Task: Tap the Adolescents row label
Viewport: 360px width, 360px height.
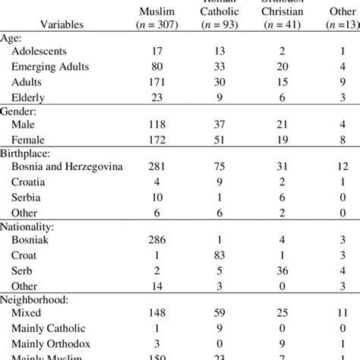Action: pyautogui.click(x=44, y=52)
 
